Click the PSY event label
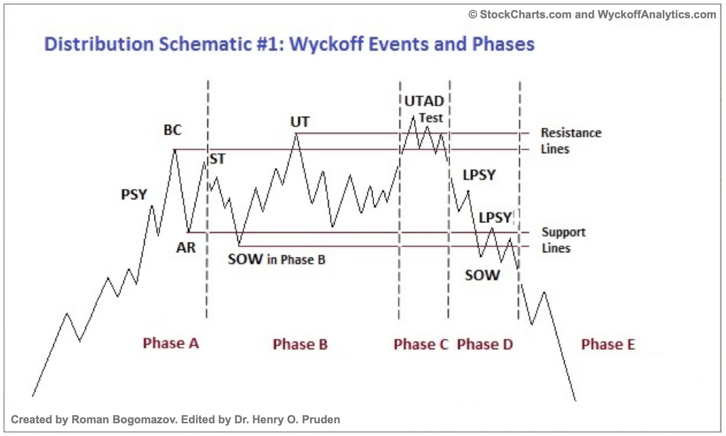pyautogui.click(x=134, y=194)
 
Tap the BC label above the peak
pyautogui.click(x=173, y=130)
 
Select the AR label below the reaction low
pyautogui.click(x=186, y=247)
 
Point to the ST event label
pyautogui.click(x=218, y=159)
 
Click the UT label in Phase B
pyautogui.click(x=300, y=122)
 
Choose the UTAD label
pyautogui.click(x=424, y=101)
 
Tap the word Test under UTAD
pyautogui.click(x=431, y=118)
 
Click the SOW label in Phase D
pyautogui.click(x=483, y=275)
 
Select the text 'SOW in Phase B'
pyautogui.click(x=277, y=259)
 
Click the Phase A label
pyautogui.click(x=171, y=343)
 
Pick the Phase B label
pyautogui.click(x=300, y=344)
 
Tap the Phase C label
pyautogui.click(x=421, y=344)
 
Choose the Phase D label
pyautogui.click(x=485, y=344)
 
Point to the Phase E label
pyautogui.click(x=608, y=344)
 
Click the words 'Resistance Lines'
pyautogui.click(x=571, y=141)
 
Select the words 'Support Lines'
pyautogui.click(x=564, y=240)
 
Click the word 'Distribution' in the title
pyautogui.click(x=99, y=44)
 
